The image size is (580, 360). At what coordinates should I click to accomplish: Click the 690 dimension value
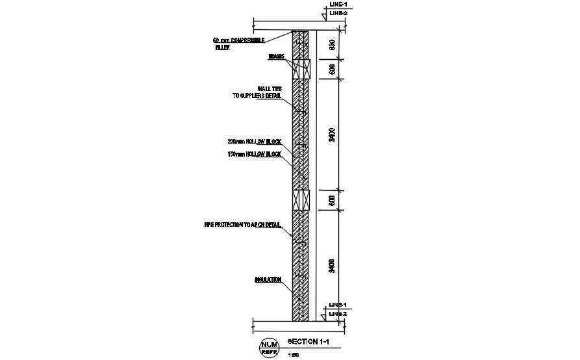(332, 45)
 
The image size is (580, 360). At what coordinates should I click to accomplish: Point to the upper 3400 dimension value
(332, 135)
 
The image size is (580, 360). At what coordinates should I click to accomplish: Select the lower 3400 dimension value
(332, 266)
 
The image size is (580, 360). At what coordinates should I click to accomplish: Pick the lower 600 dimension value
(332, 201)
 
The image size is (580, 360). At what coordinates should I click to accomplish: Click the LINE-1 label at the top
(338, 5)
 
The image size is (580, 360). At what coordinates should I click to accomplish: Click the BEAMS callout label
(277, 57)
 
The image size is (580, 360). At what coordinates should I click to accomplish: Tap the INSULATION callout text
(268, 280)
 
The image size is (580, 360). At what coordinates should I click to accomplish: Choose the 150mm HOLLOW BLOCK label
(254, 155)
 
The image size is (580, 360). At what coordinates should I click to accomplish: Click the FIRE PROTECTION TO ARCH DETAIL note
(242, 225)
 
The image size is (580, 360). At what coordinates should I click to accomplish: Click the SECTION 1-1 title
(304, 341)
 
